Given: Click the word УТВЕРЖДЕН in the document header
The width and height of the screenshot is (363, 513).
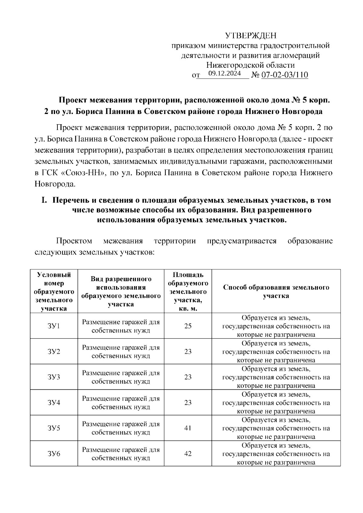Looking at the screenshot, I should click(251, 36).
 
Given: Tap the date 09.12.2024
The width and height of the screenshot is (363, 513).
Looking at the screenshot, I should click(225, 74).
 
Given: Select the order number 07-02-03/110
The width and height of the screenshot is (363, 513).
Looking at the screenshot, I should click(285, 75).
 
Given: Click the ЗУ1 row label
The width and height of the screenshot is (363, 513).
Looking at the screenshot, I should click(54, 326).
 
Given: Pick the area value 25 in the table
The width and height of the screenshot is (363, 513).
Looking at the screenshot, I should click(188, 326).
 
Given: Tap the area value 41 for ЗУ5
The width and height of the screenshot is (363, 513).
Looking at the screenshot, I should click(188, 428).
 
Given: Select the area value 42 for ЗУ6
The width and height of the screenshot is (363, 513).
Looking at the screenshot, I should click(188, 454).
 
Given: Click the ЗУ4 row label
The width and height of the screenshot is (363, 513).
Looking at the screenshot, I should click(54, 403).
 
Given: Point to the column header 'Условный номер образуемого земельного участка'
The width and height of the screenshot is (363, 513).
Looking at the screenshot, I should click(54, 291).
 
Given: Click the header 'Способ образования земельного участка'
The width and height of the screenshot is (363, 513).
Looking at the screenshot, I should click(276, 291).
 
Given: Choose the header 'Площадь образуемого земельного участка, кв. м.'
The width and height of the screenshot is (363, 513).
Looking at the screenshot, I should click(188, 291).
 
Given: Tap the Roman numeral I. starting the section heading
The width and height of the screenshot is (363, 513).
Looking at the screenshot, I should click(45, 200).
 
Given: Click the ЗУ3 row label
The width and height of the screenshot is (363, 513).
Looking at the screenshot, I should click(54, 377).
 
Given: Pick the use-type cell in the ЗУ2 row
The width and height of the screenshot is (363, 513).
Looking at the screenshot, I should click(121, 352).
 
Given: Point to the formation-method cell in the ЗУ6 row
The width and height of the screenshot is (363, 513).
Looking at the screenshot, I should click(276, 454).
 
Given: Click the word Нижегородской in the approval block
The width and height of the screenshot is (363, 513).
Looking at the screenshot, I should click(230, 65).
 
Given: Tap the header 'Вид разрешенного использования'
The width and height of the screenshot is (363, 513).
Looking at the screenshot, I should click(121, 291).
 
